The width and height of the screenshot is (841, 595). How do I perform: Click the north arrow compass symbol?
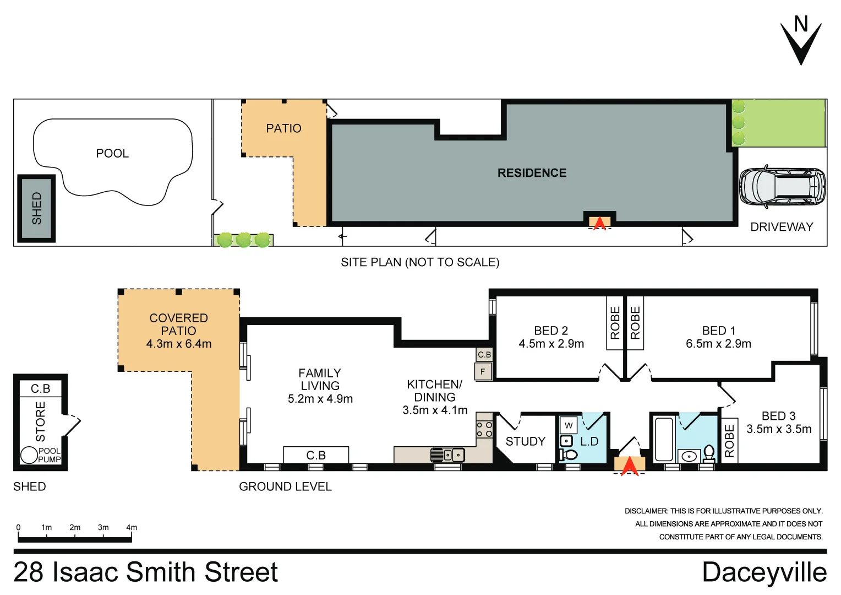pyautogui.click(x=801, y=41)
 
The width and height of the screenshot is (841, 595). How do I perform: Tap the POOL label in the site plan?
pyautogui.click(x=112, y=153)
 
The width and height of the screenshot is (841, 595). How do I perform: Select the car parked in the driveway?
pyautogui.click(x=782, y=186)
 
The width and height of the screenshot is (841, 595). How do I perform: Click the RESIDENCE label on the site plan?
pyautogui.click(x=532, y=173)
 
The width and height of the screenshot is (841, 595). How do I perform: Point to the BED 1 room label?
pyautogui.click(x=718, y=331)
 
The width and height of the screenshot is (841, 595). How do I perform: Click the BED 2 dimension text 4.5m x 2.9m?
pyautogui.click(x=551, y=344)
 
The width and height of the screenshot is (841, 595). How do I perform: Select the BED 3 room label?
pyautogui.click(x=778, y=416)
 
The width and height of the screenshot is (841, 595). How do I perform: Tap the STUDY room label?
pyautogui.click(x=525, y=441)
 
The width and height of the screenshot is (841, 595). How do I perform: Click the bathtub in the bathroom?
pyautogui.click(x=664, y=440)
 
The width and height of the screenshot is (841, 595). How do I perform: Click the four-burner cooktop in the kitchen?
pyautogui.click(x=484, y=429)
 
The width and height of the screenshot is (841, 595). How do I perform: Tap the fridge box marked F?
pyautogui.click(x=483, y=371)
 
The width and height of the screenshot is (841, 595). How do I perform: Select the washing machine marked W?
pyautogui.click(x=569, y=425)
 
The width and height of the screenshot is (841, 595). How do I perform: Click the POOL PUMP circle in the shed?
pyautogui.click(x=29, y=455)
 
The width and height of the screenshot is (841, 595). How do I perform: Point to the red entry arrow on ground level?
pyautogui.click(x=630, y=466)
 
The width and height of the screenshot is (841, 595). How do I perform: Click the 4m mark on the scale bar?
pyautogui.click(x=132, y=528)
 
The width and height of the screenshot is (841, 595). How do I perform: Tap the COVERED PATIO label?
pyautogui.click(x=178, y=324)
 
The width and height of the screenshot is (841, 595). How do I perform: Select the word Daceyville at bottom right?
pyautogui.click(x=764, y=572)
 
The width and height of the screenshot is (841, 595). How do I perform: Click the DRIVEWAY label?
pyautogui.click(x=782, y=227)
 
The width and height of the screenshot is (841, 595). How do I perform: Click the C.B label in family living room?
pyautogui.click(x=316, y=455)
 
